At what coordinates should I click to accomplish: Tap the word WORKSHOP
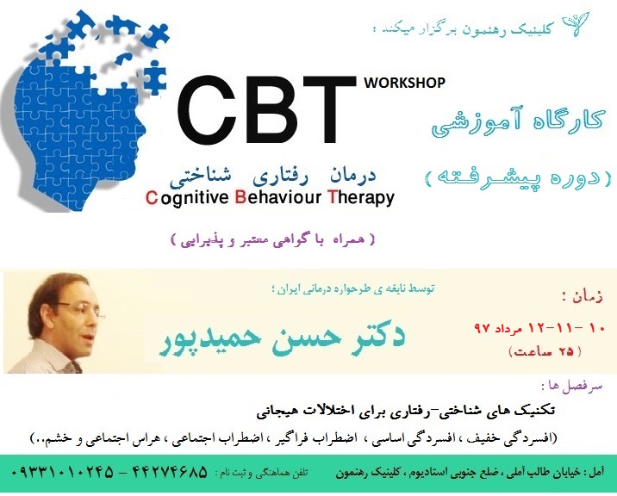(404, 84)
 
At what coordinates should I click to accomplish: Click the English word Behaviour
(277, 198)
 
